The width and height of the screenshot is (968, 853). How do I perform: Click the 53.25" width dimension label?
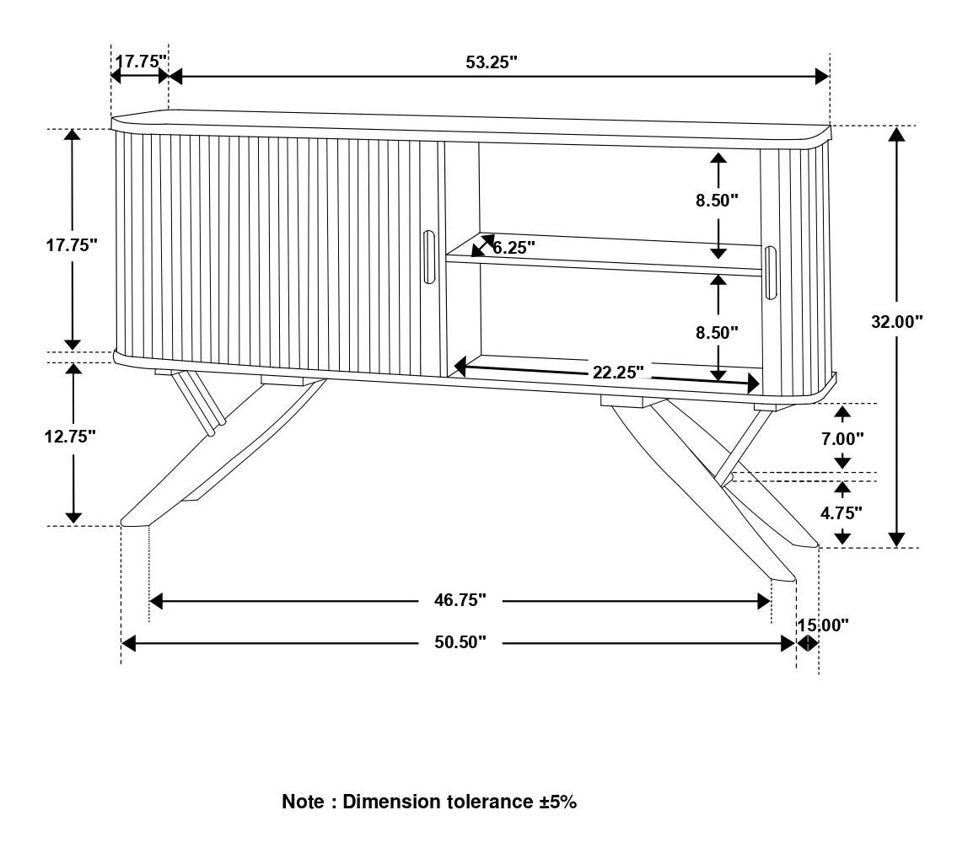[491, 62]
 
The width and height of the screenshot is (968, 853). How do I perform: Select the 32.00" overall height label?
[897, 321]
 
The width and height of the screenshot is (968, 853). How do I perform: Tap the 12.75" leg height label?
[71, 437]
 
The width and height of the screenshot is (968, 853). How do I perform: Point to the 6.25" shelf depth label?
[514, 248]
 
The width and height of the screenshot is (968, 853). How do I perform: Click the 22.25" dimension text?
[618, 373]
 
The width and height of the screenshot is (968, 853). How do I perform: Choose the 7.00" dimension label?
[843, 438]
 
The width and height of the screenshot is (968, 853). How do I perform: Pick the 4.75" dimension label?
[843, 512]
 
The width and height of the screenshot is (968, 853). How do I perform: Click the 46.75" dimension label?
[460, 600]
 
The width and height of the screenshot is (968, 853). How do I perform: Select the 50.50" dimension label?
[460, 643]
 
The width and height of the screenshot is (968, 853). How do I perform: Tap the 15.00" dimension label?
[823, 625]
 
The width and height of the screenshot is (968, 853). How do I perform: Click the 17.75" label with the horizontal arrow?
[141, 62]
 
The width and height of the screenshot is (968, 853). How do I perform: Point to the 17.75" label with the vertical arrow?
[72, 245]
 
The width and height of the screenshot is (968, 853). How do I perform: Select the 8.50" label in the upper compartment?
[718, 201]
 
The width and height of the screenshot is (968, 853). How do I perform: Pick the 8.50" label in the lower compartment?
[718, 333]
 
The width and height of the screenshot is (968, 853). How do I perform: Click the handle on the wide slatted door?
[428, 257]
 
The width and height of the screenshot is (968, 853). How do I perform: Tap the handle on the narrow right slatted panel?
[770, 272]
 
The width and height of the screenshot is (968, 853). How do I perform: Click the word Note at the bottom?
[303, 802]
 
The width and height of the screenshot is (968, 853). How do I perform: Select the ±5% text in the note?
[558, 802]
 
